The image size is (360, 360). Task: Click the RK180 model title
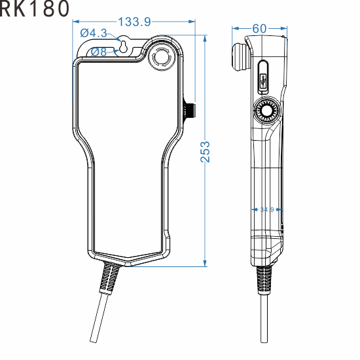click(33, 10)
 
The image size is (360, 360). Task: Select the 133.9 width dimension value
click(134, 22)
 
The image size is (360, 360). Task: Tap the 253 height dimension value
click(205, 153)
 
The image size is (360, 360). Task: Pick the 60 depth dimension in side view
click(259, 29)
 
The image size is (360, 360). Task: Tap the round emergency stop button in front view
click(160, 58)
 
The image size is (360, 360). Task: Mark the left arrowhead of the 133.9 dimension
click(74, 22)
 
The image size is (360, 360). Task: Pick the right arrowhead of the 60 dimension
click(285, 29)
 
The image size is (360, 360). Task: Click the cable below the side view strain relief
click(264, 327)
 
